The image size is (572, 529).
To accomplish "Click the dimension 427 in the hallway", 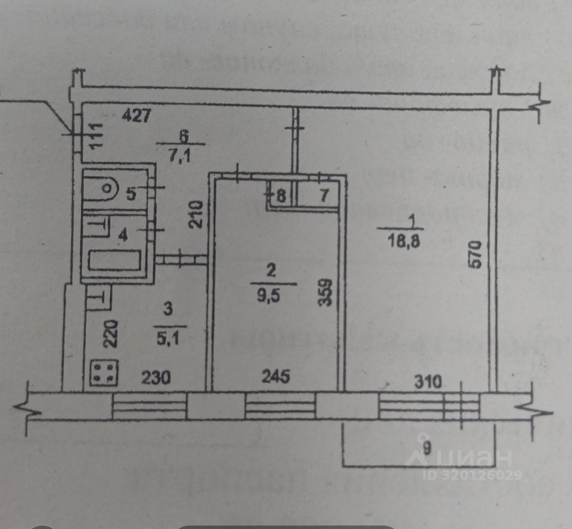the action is [x=136, y=115].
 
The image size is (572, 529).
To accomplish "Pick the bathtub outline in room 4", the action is [x=114, y=260].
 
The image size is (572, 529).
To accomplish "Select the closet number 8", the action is [x=280, y=196].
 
